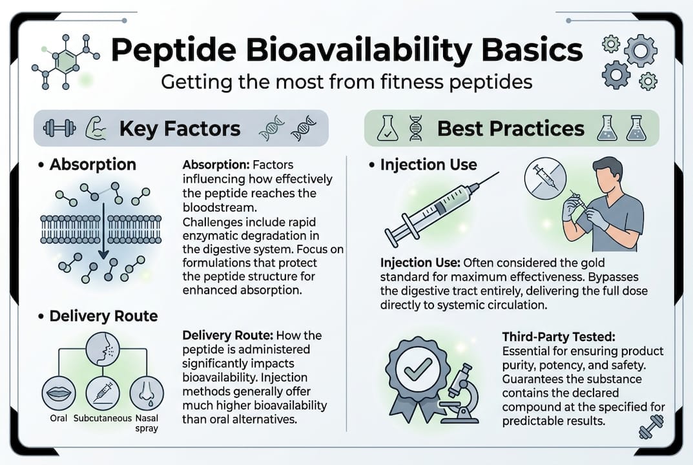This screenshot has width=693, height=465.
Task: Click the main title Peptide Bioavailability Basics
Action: click(347, 51)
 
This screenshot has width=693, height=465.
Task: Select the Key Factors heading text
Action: click(180, 129)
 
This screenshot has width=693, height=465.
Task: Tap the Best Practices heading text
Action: click(510, 128)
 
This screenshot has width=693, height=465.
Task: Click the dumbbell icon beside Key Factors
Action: click(59, 128)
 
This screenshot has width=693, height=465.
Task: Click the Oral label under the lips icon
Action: click(58, 417)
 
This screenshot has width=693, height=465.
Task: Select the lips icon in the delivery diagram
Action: click(58, 391)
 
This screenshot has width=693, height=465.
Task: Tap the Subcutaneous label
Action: click(103, 417)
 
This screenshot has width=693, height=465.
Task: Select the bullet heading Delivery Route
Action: click(103, 316)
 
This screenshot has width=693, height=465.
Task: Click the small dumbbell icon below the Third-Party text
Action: click(650, 430)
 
